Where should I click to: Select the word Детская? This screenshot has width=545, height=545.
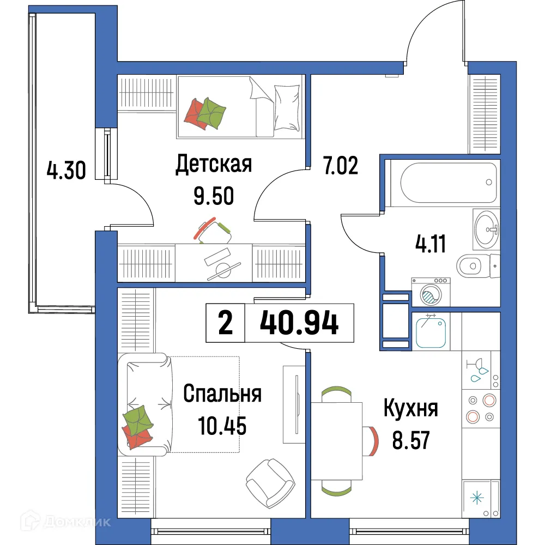(213, 164)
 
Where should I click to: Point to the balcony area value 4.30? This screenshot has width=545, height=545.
(66, 172)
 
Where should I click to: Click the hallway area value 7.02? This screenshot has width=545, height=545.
(341, 165)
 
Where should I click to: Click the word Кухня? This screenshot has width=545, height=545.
(410, 408)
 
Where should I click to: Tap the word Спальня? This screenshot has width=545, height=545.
(222, 393)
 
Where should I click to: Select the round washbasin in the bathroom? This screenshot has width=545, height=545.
(486, 229)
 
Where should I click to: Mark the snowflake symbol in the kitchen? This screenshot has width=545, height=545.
(477, 497)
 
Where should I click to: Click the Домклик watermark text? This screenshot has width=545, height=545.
(79, 522)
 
